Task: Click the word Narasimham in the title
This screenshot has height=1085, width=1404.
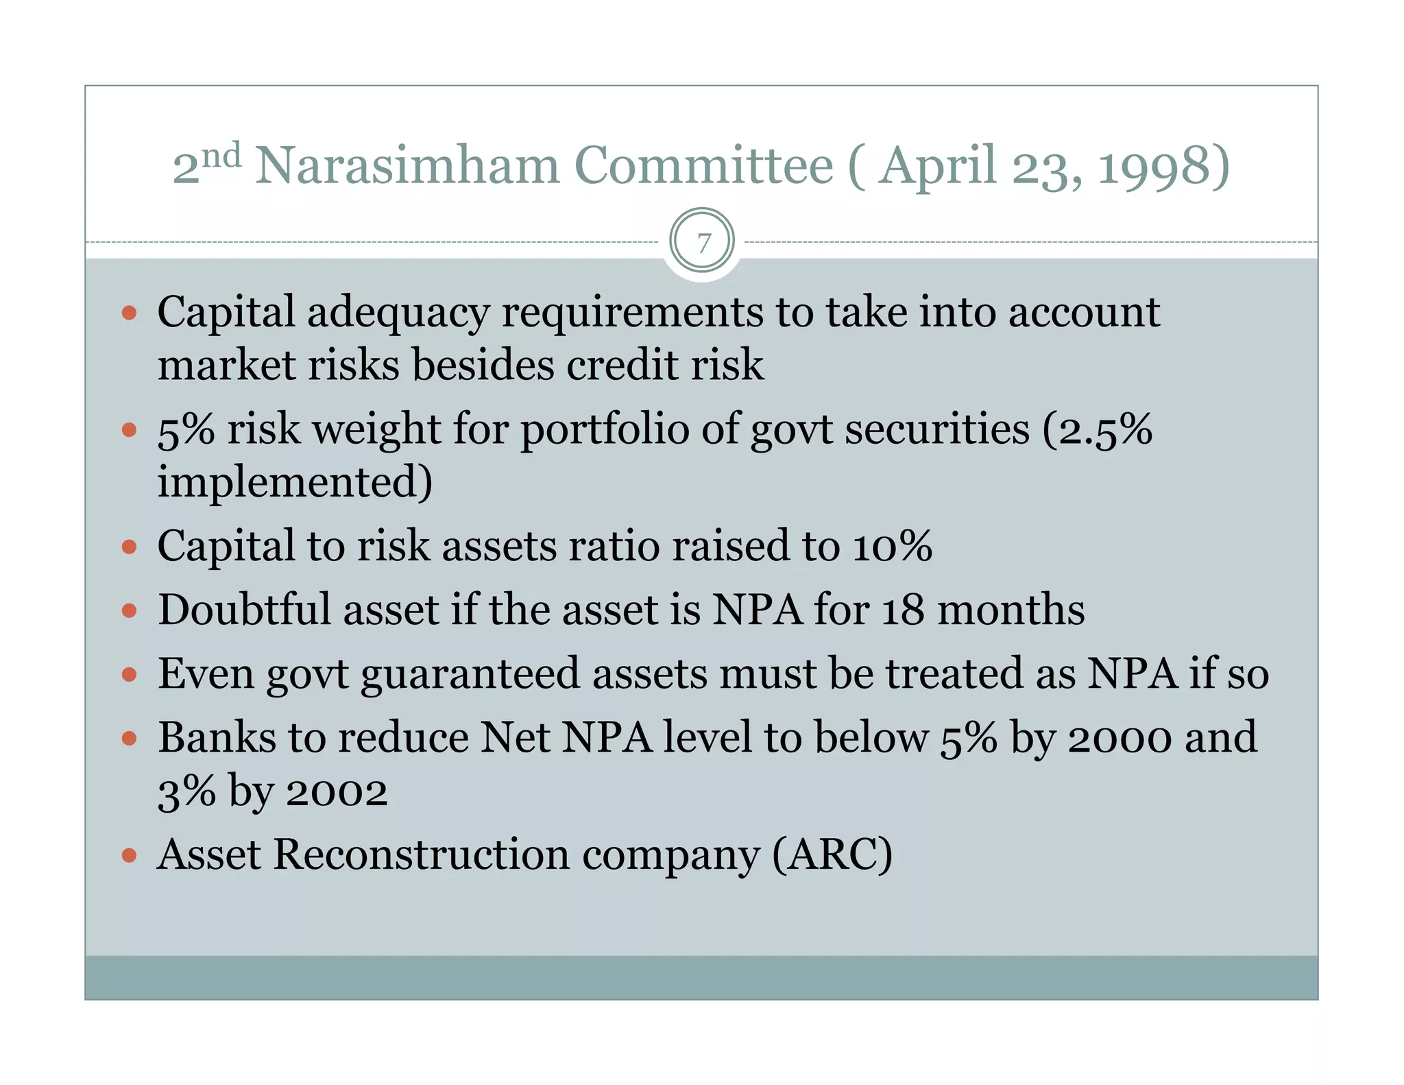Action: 407,166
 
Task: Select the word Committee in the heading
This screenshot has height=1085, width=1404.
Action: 703,166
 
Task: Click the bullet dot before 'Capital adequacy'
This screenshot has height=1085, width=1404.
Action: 129,313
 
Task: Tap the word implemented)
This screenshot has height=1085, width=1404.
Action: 295,481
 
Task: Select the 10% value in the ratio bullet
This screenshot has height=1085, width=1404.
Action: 892,547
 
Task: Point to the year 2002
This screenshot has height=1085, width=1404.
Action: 337,792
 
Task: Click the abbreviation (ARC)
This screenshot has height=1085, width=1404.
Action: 832,855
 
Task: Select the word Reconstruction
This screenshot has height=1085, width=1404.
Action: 422,855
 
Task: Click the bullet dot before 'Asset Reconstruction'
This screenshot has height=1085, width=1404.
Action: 129,855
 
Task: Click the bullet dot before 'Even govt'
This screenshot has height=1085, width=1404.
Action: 129,674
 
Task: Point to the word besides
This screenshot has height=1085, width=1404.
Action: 483,365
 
